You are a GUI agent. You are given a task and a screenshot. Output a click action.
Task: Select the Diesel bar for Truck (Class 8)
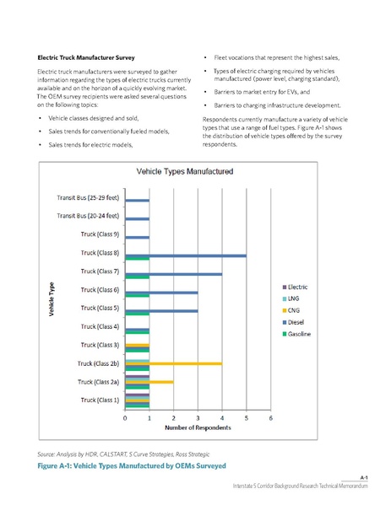point(186,255)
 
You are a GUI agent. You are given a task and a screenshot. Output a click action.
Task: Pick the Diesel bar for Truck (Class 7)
point(174,273)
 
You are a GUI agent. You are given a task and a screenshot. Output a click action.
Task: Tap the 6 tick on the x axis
point(270,418)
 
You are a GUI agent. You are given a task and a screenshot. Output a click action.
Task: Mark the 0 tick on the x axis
point(126,418)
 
